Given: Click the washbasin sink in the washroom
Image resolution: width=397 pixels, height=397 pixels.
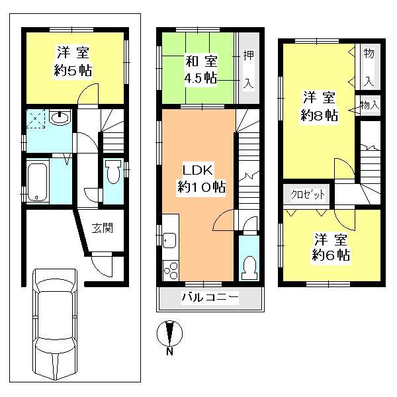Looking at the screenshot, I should [x=61, y=120].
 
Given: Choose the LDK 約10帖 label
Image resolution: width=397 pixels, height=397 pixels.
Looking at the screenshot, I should [x=198, y=177].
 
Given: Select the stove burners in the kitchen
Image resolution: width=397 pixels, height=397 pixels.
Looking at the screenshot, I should [x=169, y=271].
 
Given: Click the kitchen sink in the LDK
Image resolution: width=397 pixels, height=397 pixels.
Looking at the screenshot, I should [x=169, y=240].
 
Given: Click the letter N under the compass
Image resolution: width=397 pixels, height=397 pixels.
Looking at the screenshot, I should [x=170, y=351].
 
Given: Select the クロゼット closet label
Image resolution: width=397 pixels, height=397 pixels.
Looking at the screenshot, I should [x=308, y=195].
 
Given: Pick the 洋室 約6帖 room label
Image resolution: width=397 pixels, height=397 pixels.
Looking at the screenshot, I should [x=331, y=246].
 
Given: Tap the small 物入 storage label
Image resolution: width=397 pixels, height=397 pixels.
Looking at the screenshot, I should [x=370, y=105].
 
